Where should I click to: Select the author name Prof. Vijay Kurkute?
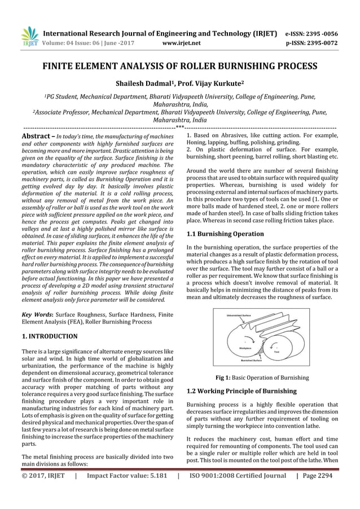[x=213, y=83]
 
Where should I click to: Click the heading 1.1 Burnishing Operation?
[x=224, y=233]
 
